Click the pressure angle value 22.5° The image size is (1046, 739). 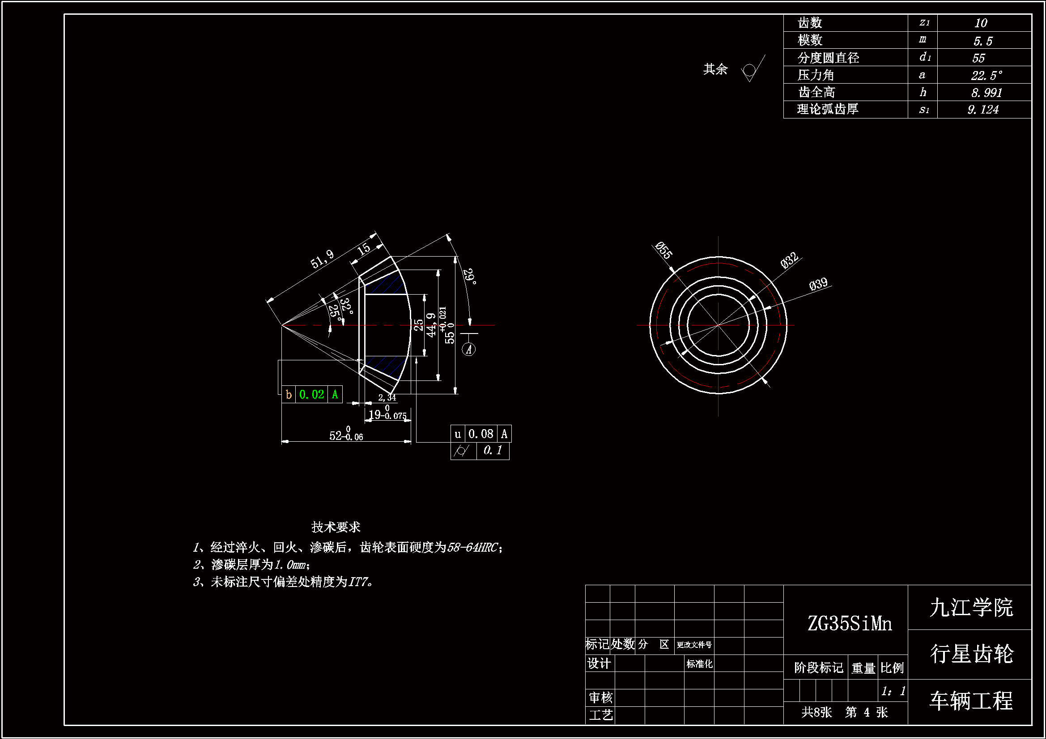[x=986, y=75]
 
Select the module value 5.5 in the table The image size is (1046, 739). [x=982, y=41]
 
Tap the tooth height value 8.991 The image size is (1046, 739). [x=986, y=93]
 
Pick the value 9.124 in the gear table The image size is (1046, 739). [x=982, y=110]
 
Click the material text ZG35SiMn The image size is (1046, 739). [x=850, y=624]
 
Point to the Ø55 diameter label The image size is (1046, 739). [x=663, y=250]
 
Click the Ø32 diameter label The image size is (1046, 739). [x=789, y=260]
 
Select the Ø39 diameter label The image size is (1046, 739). [x=818, y=284]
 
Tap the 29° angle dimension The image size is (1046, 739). [x=469, y=276]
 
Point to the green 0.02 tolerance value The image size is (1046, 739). [x=312, y=394]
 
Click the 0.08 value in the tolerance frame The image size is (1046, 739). [x=480, y=434]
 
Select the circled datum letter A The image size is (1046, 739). [x=469, y=350]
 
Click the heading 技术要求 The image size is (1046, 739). [x=336, y=527]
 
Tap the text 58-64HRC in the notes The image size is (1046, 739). [x=472, y=547]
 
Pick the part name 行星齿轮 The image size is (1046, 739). [x=971, y=654]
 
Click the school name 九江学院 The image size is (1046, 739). [x=971, y=608]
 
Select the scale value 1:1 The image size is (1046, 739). [x=893, y=691]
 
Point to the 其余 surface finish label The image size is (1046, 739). [x=715, y=69]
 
